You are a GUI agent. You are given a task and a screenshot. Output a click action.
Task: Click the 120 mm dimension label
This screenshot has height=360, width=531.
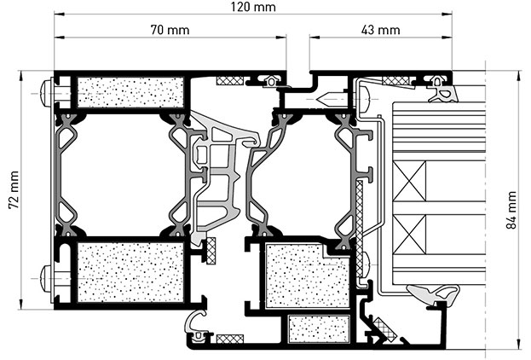[253, 7]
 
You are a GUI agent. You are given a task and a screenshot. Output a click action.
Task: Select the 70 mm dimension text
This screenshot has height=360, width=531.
[170, 30]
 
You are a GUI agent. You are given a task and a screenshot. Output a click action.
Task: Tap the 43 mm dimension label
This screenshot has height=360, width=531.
[380, 30]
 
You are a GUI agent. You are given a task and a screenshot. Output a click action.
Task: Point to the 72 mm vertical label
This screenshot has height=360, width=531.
[14, 190]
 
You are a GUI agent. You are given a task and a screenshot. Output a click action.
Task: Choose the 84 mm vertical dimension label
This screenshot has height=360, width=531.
[511, 210]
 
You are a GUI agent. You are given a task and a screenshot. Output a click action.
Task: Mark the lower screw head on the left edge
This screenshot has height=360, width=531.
[46, 278]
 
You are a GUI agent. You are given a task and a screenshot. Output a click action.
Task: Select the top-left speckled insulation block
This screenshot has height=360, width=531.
[130, 92]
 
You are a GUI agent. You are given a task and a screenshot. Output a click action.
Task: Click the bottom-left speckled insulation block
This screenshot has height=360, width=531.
[130, 272]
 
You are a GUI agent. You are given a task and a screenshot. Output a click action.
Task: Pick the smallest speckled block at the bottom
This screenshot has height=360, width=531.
[318, 328]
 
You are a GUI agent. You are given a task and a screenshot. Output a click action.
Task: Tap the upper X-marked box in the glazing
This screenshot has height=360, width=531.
[409, 182]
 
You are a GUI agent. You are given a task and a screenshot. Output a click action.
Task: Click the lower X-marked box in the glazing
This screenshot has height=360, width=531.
[409, 235]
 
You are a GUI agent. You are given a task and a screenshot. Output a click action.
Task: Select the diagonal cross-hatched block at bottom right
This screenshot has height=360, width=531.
[384, 328]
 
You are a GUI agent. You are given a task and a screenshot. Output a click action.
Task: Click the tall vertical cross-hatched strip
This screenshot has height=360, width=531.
[360, 228]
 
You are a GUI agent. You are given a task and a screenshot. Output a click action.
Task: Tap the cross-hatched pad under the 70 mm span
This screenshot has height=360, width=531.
[230, 81]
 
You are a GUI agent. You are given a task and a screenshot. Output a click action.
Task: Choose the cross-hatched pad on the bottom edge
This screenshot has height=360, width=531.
[230, 339]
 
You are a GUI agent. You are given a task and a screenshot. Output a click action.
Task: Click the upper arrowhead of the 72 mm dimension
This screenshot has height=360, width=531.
[21, 74]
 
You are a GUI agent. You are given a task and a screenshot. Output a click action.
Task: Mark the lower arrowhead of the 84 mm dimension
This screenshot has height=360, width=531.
[518, 345]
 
